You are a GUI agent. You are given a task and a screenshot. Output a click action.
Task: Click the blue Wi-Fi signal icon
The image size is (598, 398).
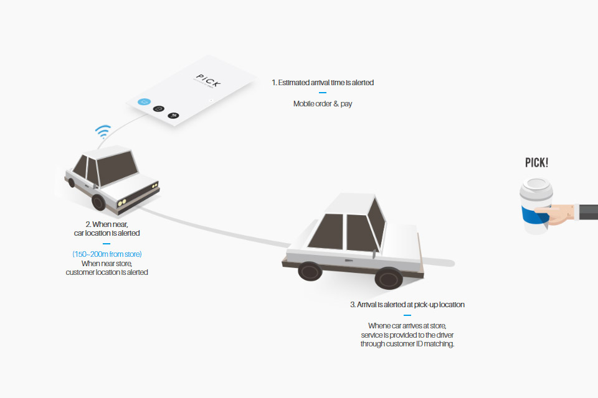pyautogui.click(x=103, y=131)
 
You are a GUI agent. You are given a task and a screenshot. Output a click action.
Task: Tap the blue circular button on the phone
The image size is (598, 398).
pyautogui.click(x=144, y=102)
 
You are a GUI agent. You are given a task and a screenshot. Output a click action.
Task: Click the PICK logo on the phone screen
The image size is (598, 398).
pyautogui.click(x=208, y=80)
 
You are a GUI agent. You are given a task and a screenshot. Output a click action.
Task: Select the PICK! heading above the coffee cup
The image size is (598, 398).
pyautogui.click(x=536, y=163)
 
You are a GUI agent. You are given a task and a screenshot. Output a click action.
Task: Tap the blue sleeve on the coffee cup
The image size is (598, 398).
pyautogui.click(x=534, y=215)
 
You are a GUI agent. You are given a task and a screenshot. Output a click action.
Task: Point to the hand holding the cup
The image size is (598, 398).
pyautogui.click(x=557, y=214)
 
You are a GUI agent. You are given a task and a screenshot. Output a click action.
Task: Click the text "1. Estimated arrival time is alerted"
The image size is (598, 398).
pyautogui.click(x=323, y=83)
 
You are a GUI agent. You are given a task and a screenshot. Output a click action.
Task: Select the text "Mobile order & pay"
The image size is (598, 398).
pyautogui.click(x=323, y=104)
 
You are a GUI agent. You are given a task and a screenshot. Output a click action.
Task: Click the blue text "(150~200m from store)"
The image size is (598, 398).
pyautogui.click(x=107, y=254)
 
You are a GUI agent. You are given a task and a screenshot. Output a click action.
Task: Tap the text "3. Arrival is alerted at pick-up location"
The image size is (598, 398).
pyautogui.click(x=407, y=305)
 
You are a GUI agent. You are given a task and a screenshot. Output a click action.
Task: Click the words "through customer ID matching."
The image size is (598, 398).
pyautogui.click(x=407, y=344)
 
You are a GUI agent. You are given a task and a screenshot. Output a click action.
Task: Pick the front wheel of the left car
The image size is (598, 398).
pyautogui.click(x=98, y=202)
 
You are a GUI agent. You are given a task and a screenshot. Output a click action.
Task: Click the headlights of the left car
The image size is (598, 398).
pyautogui.click(x=122, y=202)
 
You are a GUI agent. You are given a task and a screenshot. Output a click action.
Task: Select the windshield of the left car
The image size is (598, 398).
pyautogui.click(x=116, y=167)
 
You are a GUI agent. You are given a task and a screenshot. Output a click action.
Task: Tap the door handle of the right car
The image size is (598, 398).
pyautogui.click(x=349, y=261)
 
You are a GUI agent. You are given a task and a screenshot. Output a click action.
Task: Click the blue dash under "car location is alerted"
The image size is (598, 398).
pyautogui.click(x=107, y=243)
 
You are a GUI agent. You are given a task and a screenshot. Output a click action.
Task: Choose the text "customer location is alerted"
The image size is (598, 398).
pyautogui.click(x=107, y=272)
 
